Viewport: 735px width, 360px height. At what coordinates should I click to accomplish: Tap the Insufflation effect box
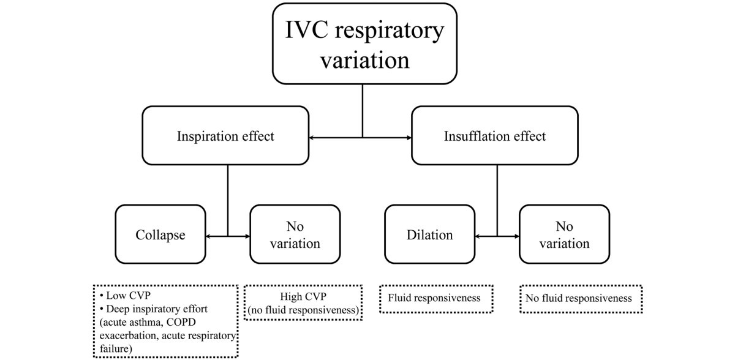click(495, 136)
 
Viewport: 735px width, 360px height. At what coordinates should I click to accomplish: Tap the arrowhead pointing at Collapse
click(209, 236)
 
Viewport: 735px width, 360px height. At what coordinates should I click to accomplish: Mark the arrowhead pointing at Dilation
click(478, 236)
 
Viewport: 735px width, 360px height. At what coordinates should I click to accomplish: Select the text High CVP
click(303, 296)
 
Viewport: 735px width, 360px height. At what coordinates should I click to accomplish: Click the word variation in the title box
click(366, 61)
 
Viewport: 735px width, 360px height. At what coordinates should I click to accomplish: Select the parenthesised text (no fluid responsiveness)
click(303, 309)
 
